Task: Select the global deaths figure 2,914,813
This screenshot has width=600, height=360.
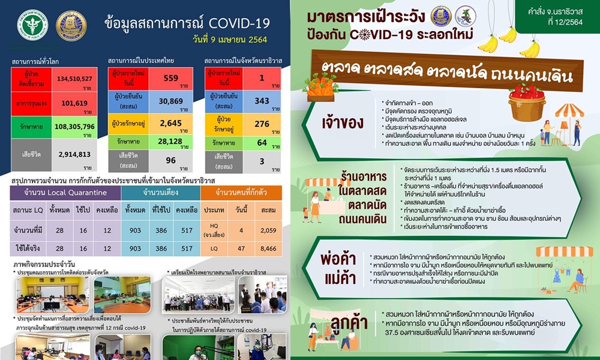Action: (74, 154)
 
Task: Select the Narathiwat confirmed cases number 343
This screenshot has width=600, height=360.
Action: (262, 101)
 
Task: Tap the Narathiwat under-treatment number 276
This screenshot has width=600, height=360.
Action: (262, 124)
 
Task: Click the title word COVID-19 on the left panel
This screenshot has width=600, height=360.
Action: (241, 23)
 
